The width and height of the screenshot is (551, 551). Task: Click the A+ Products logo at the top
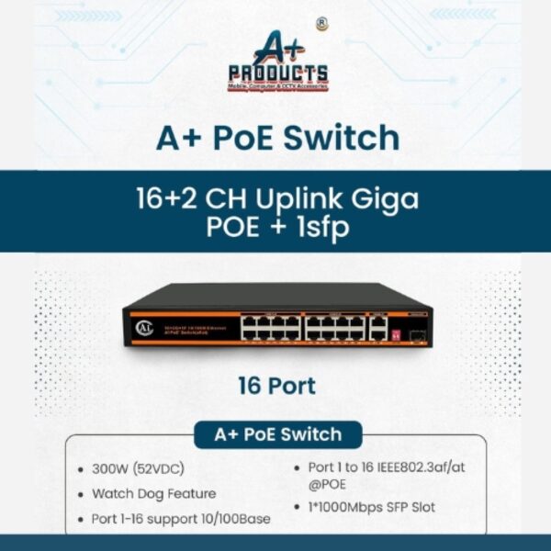(x=276, y=62)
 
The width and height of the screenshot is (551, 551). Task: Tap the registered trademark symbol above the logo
(x=321, y=25)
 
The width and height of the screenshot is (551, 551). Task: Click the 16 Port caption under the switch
(x=276, y=386)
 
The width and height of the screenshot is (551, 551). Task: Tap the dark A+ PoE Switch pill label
(x=277, y=434)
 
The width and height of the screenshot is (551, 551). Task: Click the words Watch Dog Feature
(x=153, y=493)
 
